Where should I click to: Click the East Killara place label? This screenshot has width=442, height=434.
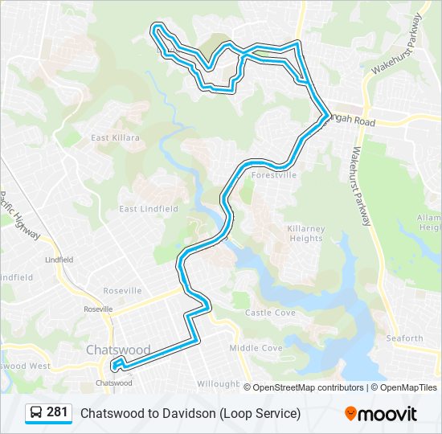(x=115, y=137)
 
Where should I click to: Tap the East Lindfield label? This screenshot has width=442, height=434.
(x=149, y=209)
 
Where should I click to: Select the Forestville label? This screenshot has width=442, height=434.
(x=274, y=174)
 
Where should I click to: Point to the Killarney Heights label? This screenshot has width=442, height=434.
(x=306, y=233)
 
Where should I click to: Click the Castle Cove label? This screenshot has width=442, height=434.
(x=270, y=313)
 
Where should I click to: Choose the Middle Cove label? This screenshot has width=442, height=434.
(x=256, y=348)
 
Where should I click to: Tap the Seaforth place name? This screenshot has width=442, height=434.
(x=403, y=338)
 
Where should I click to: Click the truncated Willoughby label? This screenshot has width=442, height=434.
(x=217, y=384)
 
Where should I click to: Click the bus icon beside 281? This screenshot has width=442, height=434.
(x=36, y=412)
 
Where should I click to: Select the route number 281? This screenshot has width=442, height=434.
(x=57, y=412)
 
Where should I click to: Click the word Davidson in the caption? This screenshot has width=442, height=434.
(x=190, y=413)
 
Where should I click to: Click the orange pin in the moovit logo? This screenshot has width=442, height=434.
(x=350, y=413)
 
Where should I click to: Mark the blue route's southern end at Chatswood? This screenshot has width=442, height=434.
(x=116, y=367)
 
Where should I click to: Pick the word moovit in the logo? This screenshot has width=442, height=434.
(x=387, y=413)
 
